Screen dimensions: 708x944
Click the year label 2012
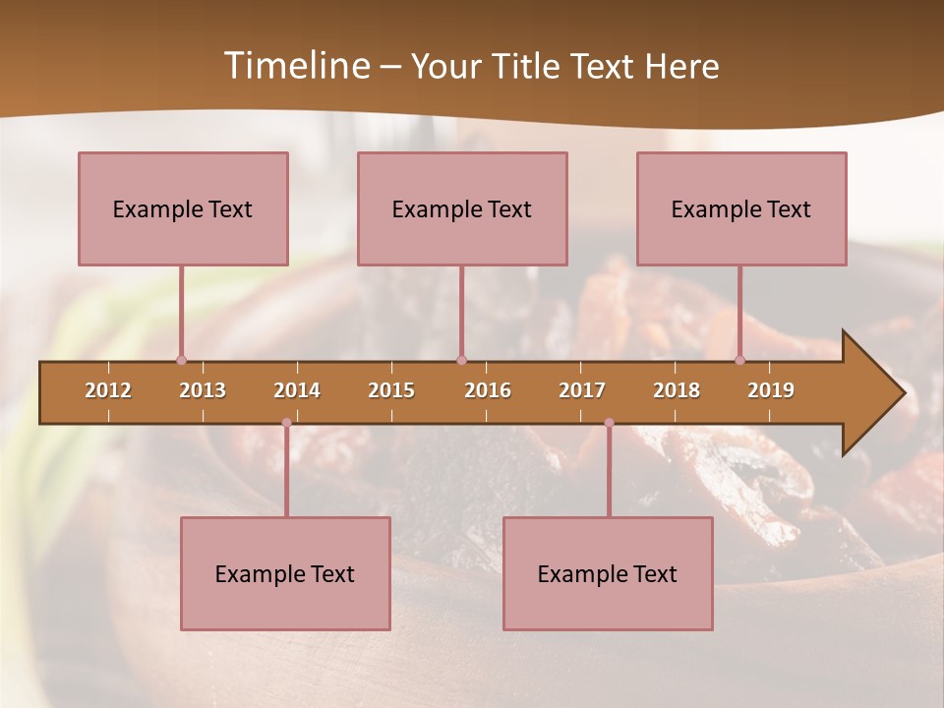tap(108, 390)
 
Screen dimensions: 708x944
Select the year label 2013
tap(203, 390)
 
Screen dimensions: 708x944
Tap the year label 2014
tap(297, 390)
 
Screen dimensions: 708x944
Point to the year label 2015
tap(391, 390)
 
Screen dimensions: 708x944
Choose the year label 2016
tap(488, 390)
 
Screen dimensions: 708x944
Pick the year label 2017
tap(582, 390)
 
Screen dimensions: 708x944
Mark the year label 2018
tap(677, 390)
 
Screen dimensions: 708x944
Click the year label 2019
tap(771, 390)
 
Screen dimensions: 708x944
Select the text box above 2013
tap(183, 208)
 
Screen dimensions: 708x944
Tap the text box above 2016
tap(462, 208)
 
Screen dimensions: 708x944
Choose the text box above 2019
tap(741, 208)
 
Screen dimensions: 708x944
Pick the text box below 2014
tap(285, 573)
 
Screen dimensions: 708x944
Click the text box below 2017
tap(608, 573)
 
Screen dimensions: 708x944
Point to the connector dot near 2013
tap(181, 360)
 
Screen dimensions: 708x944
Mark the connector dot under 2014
tap(286, 423)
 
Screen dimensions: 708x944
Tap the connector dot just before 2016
tap(461, 360)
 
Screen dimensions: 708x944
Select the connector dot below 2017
tap(609, 423)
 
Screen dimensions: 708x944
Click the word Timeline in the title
tap(296, 66)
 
